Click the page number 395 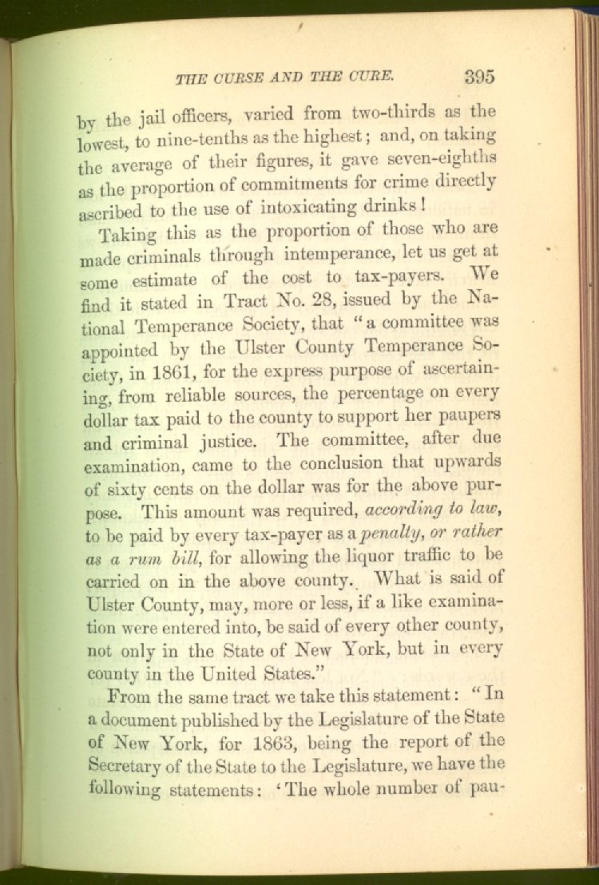pyautogui.click(x=478, y=77)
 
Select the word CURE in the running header pyautogui.click(x=372, y=77)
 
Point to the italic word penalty pyautogui.click(x=387, y=533)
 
